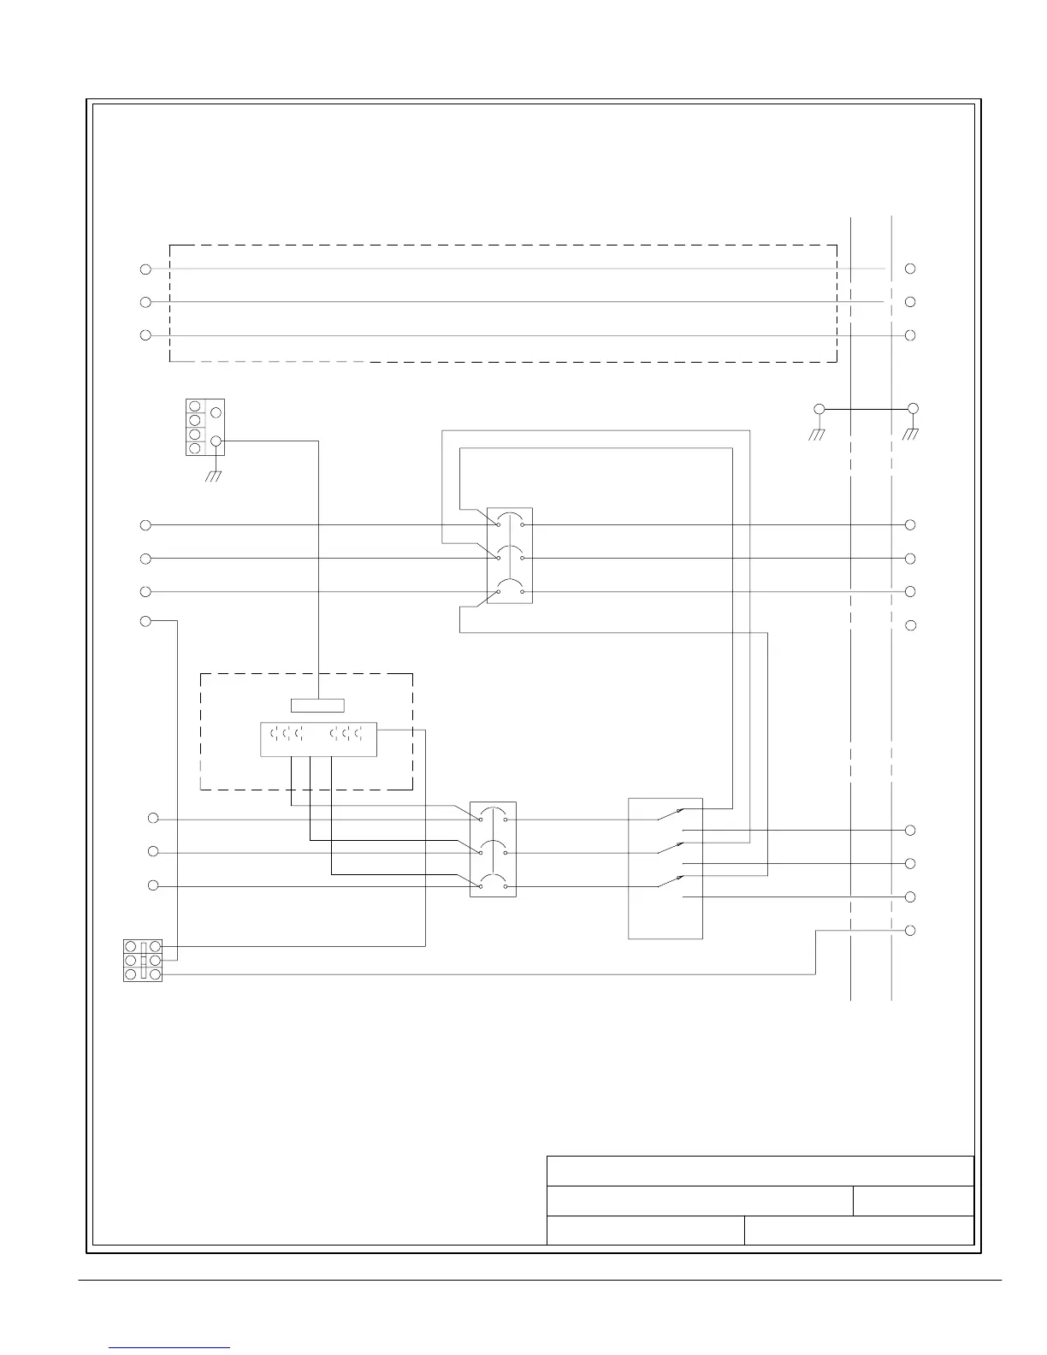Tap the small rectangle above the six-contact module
click(317, 705)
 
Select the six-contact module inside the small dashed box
click(317, 739)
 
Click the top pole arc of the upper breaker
click(510, 517)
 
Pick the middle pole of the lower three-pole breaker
click(493, 849)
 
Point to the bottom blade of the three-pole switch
click(671, 881)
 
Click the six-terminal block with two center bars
click(143, 960)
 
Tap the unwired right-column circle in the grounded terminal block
click(216, 413)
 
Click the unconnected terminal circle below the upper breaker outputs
click(911, 625)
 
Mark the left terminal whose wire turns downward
click(145, 620)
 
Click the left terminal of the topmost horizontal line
click(145, 269)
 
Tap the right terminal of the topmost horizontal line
click(911, 269)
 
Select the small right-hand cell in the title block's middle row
click(914, 1201)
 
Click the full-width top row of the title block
click(760, 1171)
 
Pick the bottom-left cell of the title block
click(645, 1230)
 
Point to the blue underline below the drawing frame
click(170, 1347)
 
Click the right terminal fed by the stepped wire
click(911, 930)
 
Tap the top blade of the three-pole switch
click(671, 814)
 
